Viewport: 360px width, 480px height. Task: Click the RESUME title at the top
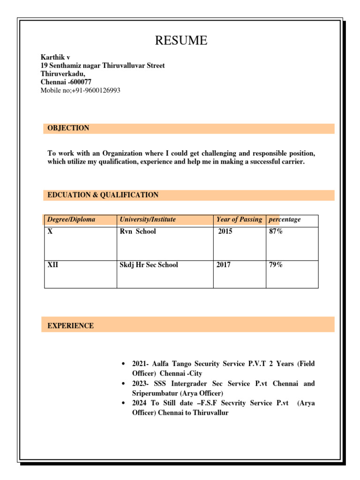pos(181,41)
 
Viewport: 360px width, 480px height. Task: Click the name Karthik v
pos(55,57)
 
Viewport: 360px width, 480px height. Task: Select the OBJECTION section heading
pos(68,128)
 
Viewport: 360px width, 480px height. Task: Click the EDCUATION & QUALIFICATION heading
pos(103,195)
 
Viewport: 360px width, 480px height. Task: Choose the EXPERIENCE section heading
pos(70,326)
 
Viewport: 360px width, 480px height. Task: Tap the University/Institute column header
pos(148,219)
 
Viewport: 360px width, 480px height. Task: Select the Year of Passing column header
pos(239,219)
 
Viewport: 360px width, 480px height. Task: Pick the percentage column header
pos(285,219)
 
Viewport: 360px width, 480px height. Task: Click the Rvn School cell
pos(138,232)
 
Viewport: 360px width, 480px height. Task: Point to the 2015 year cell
pos(225,232)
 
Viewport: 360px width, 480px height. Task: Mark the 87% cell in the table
pos(276,232)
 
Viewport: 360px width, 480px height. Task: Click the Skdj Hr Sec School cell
pos(149,265)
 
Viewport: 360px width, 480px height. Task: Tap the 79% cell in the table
pos(276,265)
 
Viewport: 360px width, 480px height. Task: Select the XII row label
pos(53,265)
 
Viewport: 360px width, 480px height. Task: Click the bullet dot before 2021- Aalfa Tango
pos(123,364)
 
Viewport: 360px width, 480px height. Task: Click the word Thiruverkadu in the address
pos(62,74)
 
